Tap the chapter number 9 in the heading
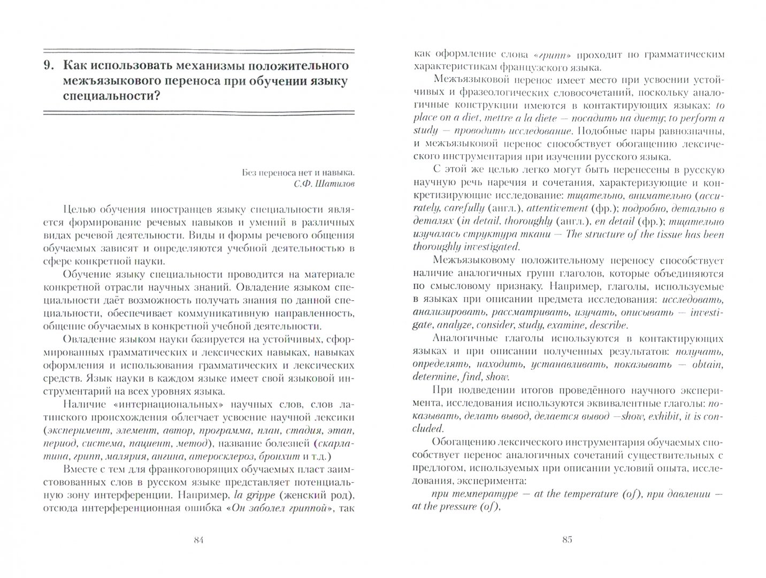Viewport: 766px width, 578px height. (x=48, y=66)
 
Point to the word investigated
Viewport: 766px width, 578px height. (x=493, y=247)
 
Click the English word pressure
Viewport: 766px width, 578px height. (x=459, y=507)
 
